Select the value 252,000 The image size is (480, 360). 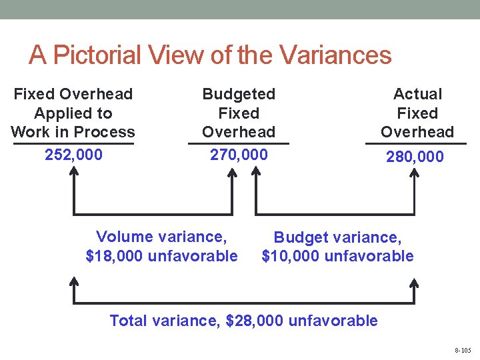[73, 155]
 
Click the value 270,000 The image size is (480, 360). [239, 155]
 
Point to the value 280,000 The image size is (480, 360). [415, 157]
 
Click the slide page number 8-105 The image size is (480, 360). [462, 350]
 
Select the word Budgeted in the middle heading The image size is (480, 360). [239, 94]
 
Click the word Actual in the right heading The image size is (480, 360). [417, 94]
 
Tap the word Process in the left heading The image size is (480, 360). [107, 132]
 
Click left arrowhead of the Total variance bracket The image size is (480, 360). [74, 283]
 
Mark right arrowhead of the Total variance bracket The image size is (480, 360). [414, 283]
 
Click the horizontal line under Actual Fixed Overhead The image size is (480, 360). [416, 143]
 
